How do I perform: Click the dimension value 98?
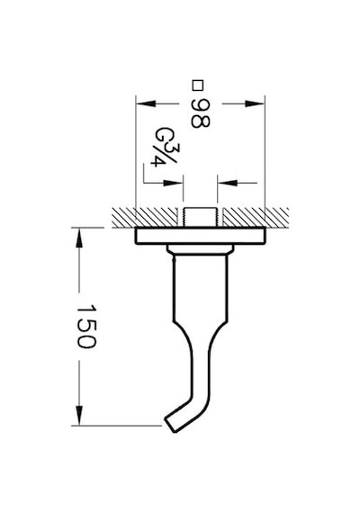coord(200,113)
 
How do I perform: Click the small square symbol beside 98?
coord(198,85)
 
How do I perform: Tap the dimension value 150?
coord(86,327)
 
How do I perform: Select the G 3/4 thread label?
coord(165,147)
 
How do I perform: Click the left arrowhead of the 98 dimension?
coord(146,103)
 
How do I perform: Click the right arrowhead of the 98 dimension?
coord(255,103)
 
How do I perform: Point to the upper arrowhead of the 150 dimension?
coord(79,238)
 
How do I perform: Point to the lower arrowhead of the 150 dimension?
coord(79,416)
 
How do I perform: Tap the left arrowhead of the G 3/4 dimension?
coord(173,183)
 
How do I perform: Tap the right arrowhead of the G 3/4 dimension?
coord(227,183)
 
